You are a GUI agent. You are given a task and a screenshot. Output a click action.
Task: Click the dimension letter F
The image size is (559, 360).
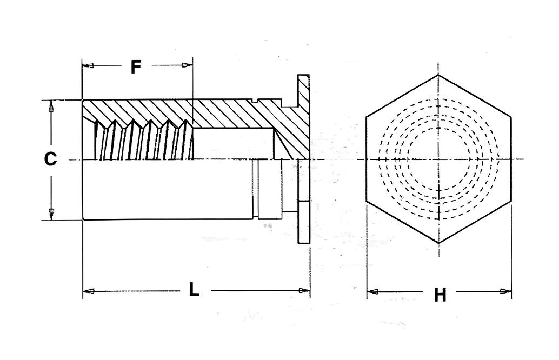(x=136, y=66)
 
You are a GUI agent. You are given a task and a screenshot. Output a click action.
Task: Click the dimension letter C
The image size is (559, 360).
(x=50, y=158)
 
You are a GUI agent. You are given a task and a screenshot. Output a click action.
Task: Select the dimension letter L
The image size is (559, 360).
(x=194, y=289)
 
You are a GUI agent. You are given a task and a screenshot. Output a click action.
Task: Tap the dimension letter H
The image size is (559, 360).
(x=440, y=295)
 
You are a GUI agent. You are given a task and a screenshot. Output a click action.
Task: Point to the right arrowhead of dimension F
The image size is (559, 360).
(x=187, y=65)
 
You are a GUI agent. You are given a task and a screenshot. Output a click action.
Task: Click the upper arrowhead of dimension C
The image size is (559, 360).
(x=51, y=106)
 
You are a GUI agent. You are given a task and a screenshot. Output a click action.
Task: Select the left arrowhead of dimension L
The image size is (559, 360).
(x=89, y=291)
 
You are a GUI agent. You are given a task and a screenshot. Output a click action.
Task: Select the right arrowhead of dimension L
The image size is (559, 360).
(x=304, y=290)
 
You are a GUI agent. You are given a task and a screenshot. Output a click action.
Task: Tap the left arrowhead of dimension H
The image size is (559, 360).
(x=372, y=292)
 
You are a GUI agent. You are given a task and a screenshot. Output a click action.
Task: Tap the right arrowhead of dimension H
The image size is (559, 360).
(x=506, y=291)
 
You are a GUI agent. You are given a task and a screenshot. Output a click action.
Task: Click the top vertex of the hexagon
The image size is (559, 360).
(x=438, y=75)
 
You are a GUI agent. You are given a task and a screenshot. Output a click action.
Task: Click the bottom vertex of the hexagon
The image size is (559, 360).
(x=439, y=243)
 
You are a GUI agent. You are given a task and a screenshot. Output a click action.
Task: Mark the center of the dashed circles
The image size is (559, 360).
(x=439, y=159)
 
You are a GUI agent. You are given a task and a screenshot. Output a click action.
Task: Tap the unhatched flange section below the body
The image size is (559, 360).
(x=304, y=222)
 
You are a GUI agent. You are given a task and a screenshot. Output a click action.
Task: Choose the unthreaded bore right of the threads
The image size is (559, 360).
(x=234, y=144)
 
